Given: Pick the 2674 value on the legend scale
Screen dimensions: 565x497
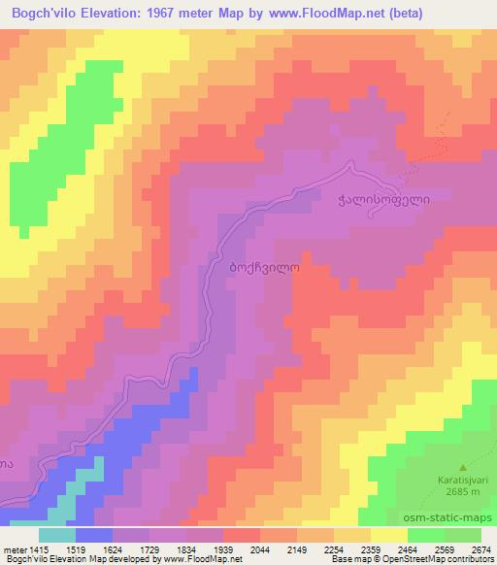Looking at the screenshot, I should tap(480, 549).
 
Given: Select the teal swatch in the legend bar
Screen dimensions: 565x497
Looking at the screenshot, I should tap(57, 535).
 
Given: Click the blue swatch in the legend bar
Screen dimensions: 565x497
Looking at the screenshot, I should tap(94, 535).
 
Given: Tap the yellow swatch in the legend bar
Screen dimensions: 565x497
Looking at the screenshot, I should tap(389, 535).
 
